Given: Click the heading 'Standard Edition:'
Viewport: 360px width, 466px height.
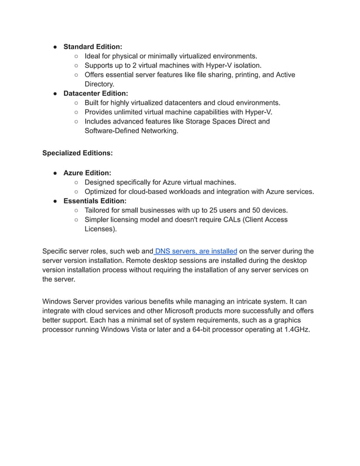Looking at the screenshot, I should [x=93, y=47].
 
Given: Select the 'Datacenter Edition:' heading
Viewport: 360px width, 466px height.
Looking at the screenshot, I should [x=95, y=93].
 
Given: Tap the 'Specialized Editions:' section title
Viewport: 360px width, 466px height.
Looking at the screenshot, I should [x=77, y=153].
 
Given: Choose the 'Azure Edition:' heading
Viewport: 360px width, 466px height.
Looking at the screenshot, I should [x=87, y=173].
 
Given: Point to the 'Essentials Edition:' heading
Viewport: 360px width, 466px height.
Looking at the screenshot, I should [x=95, y=201].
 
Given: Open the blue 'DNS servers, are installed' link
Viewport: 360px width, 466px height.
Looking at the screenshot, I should [x=195, y=251].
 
